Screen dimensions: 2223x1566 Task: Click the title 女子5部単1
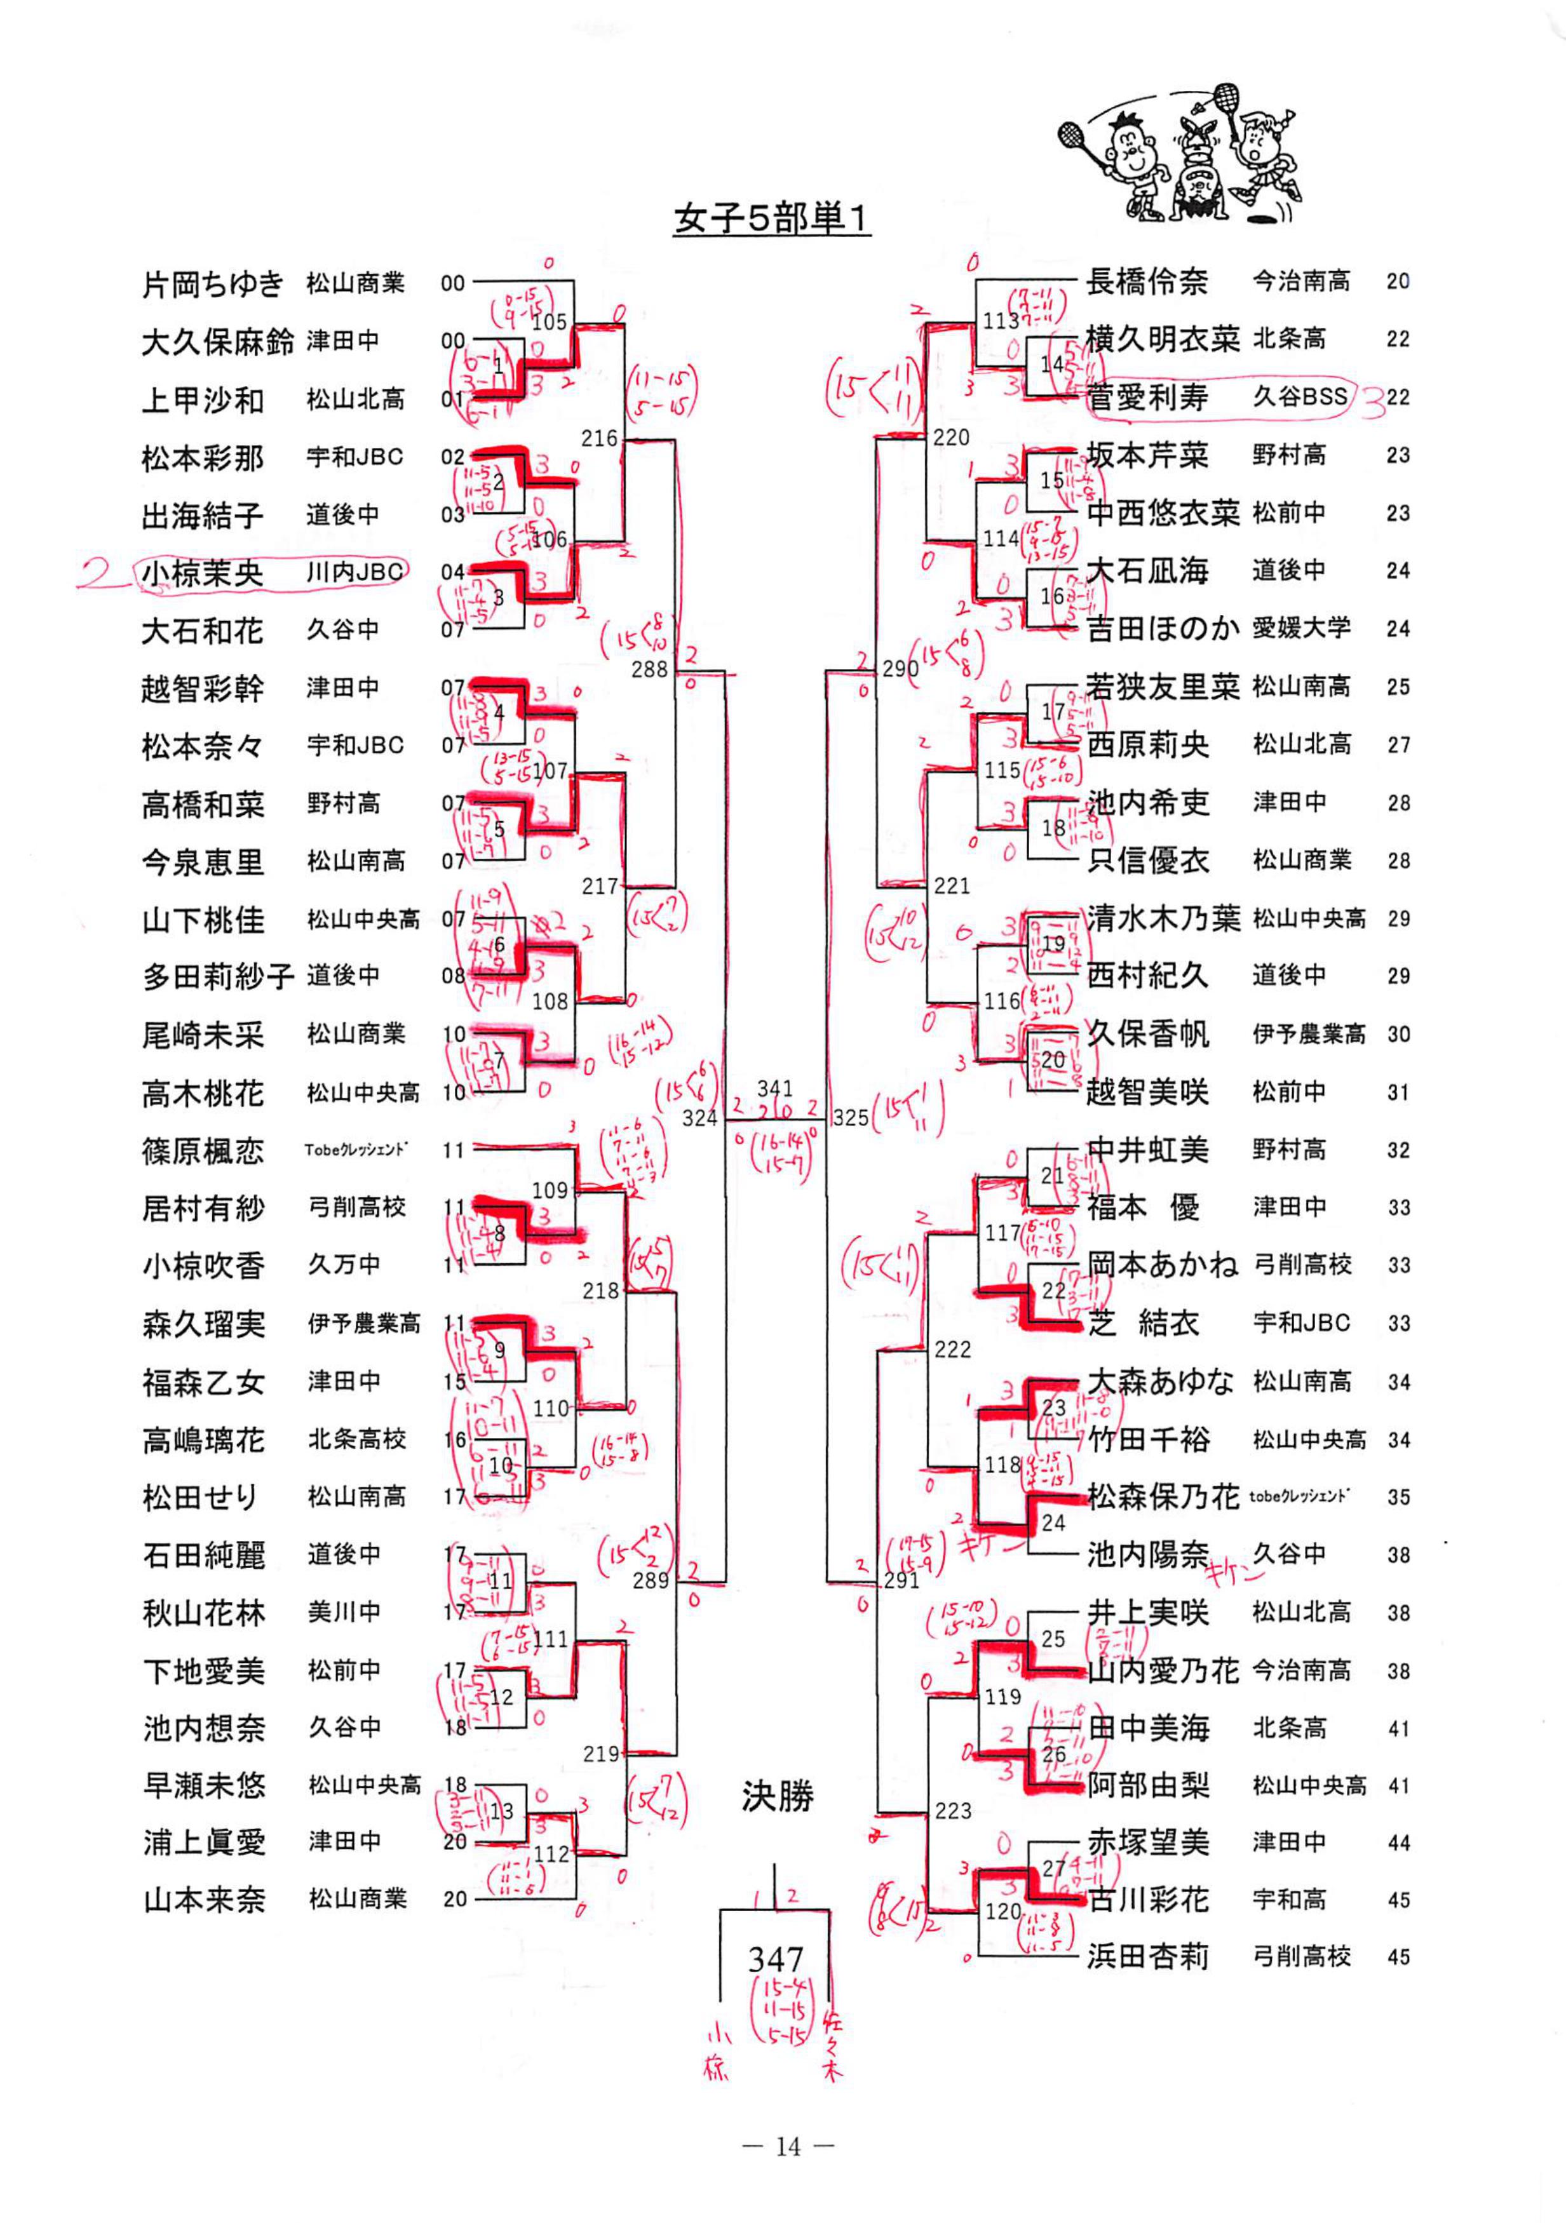pos(772,219)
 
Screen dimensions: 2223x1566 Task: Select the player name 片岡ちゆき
pos(213,284)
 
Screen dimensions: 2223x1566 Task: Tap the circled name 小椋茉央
pos(203,573)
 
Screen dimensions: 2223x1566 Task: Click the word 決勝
pos(778,1796)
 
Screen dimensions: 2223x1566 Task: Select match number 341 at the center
pos(775,1088)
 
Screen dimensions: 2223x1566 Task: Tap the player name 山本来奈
pos(205,1900)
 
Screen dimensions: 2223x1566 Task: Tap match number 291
pos(901,1581)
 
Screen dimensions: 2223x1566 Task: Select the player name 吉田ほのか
pos(1162,628)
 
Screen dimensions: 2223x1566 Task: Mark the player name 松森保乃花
pos(1162,1497)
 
